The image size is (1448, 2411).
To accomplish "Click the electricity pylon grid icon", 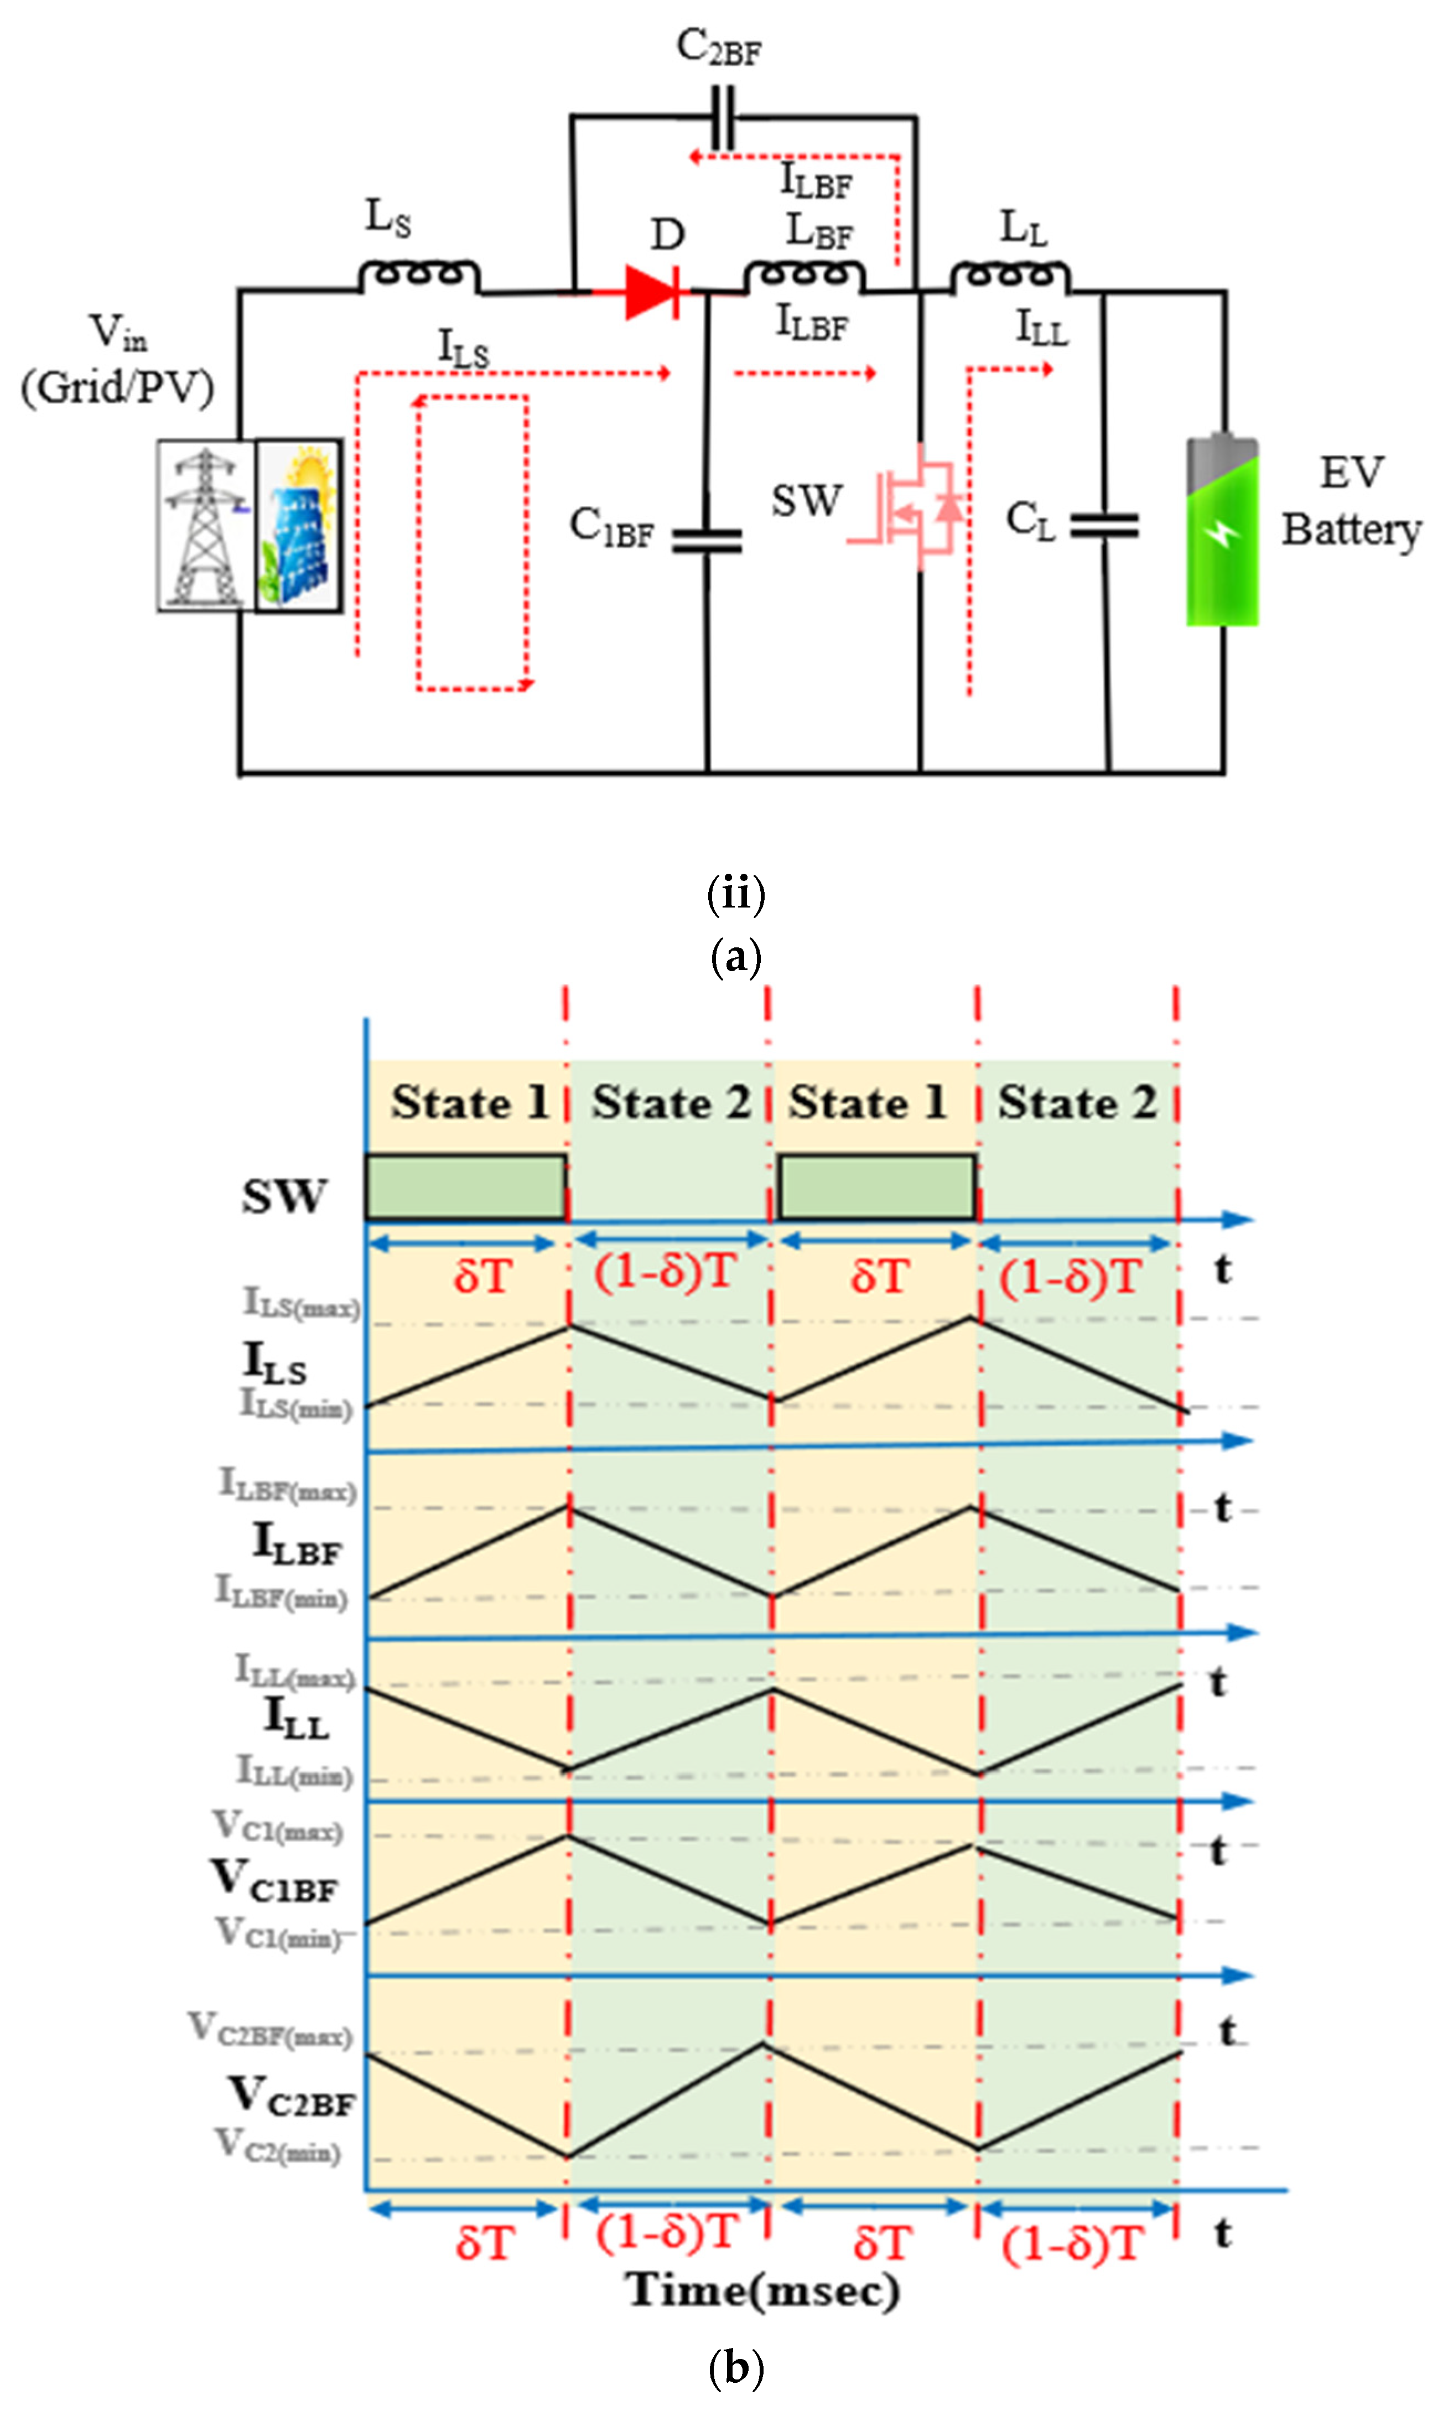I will (x=205, y=525).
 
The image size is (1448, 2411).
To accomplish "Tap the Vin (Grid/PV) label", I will (x=117, y=361).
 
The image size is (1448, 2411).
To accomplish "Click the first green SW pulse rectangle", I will (x=465, y=1186).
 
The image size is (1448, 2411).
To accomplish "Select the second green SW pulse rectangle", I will (x=876, y=1186).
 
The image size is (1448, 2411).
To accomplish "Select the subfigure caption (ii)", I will (x=736, y=892).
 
